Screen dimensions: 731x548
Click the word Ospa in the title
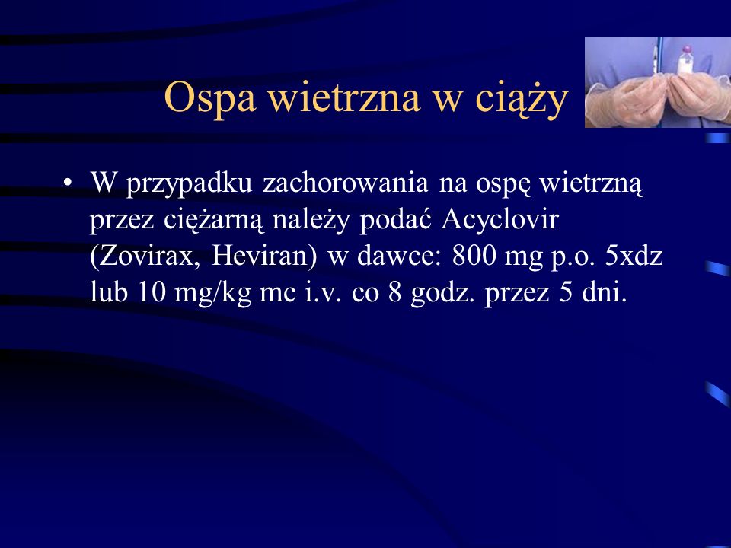click(x=210, y=98)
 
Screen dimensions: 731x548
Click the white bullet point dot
click(x=68, y=183)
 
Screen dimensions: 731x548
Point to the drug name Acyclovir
click(x=500, y=220)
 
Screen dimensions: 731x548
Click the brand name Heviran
click(x=264, y=256)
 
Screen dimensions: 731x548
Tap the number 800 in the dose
click(x=474, y=256)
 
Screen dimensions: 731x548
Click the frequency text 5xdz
click(x=634, y=256)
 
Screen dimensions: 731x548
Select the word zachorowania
click(x=346, y=182)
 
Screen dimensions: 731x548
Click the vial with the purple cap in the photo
click(x=685, y=61)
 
